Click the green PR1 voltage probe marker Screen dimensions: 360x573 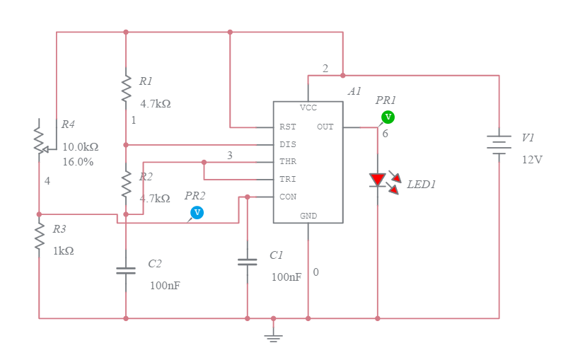pos(387,117)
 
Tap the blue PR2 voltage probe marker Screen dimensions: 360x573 pos(197,212)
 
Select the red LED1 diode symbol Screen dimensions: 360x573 pos(378,180)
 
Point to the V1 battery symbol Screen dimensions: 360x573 pos(499,144)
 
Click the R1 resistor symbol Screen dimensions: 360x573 pos(126,90)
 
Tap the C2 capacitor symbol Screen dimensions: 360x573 pos(126,269)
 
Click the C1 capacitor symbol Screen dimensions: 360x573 pos(247,262)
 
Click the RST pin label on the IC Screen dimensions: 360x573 pos(288,127)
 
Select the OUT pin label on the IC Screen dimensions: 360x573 pos(325,127)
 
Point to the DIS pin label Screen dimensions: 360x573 pos(288,144)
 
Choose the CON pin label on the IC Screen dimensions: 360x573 pos(288,197)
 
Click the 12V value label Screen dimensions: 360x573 pos(532,159)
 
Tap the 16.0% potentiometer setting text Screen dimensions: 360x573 pos(78,161)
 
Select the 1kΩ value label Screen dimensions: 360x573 pos(64,250)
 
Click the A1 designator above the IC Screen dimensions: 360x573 pos(354,91)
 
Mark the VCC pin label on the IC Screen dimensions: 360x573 pos(308,108)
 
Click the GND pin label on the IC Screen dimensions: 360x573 pos(308,216)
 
